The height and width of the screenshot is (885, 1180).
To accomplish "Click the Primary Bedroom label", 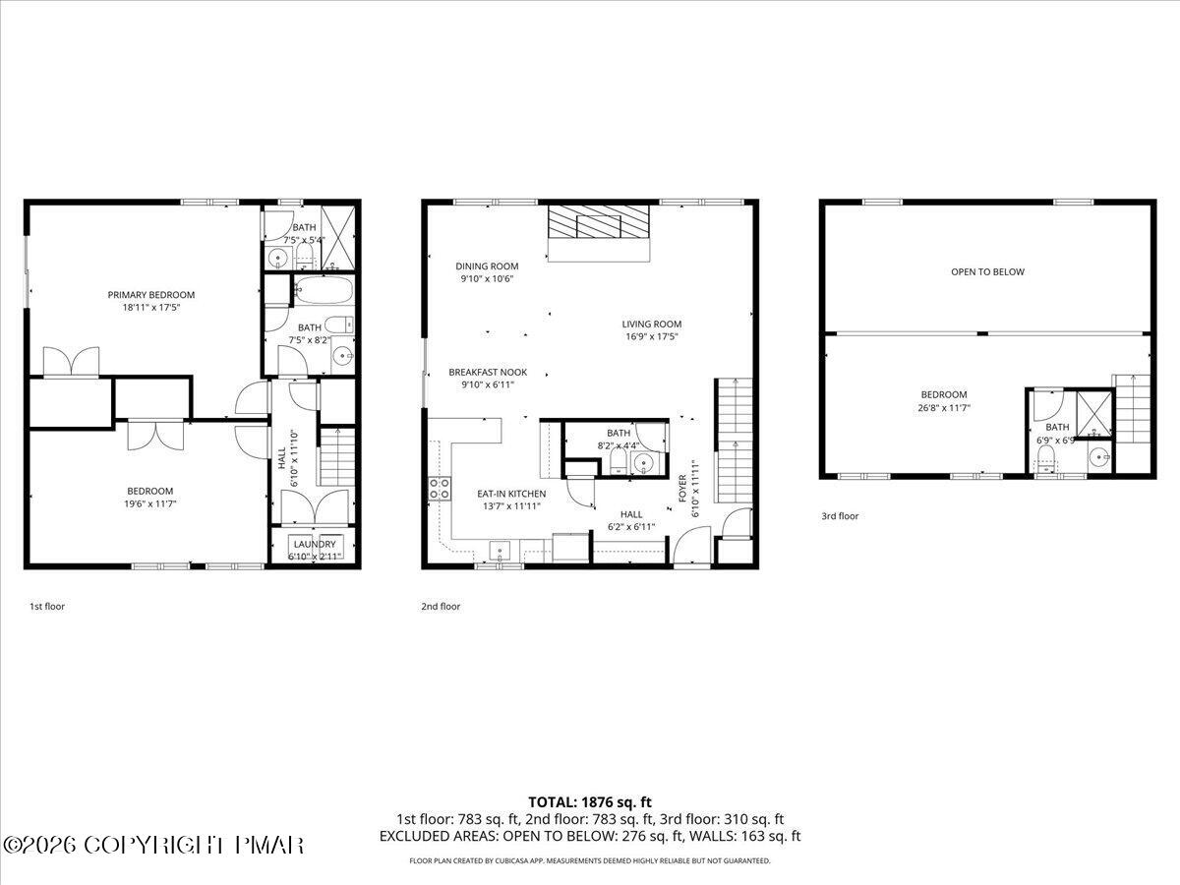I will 150,294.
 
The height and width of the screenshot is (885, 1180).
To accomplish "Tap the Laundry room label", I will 314,544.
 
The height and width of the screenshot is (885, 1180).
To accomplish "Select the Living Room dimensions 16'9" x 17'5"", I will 651,336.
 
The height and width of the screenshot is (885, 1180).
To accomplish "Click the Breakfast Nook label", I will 488,373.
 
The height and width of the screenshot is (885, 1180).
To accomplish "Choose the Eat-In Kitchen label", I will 511,494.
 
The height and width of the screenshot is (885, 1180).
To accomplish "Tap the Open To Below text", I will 987,271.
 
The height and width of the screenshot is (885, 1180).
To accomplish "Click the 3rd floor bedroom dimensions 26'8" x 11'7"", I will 943,406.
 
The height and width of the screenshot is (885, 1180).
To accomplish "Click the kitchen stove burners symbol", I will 438,490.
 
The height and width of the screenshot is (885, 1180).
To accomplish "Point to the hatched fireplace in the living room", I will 598,223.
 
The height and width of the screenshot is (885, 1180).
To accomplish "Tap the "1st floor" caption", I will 47,607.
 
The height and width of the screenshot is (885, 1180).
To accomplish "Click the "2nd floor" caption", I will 441,607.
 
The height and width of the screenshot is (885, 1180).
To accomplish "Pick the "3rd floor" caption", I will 840,516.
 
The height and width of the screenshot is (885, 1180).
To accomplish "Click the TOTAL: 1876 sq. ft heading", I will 590,802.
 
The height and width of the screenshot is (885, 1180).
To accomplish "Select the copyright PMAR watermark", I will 154,845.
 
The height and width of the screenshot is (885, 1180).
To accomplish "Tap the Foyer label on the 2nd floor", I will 683,490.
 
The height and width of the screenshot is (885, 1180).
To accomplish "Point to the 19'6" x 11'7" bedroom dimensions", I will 150,503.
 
